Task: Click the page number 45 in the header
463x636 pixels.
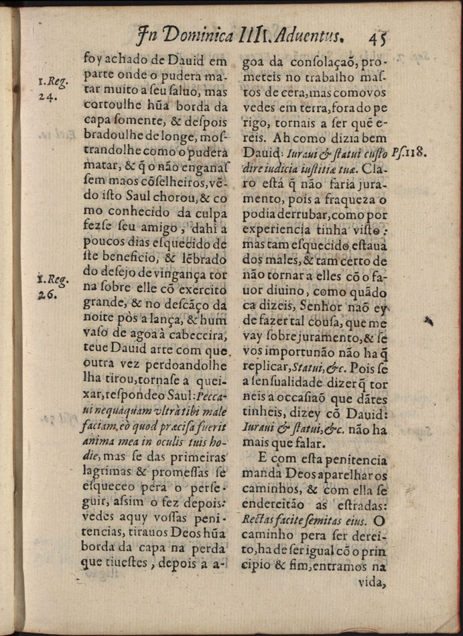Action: (x=379, y=34)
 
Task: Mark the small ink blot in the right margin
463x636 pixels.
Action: (x=429, y=322)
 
